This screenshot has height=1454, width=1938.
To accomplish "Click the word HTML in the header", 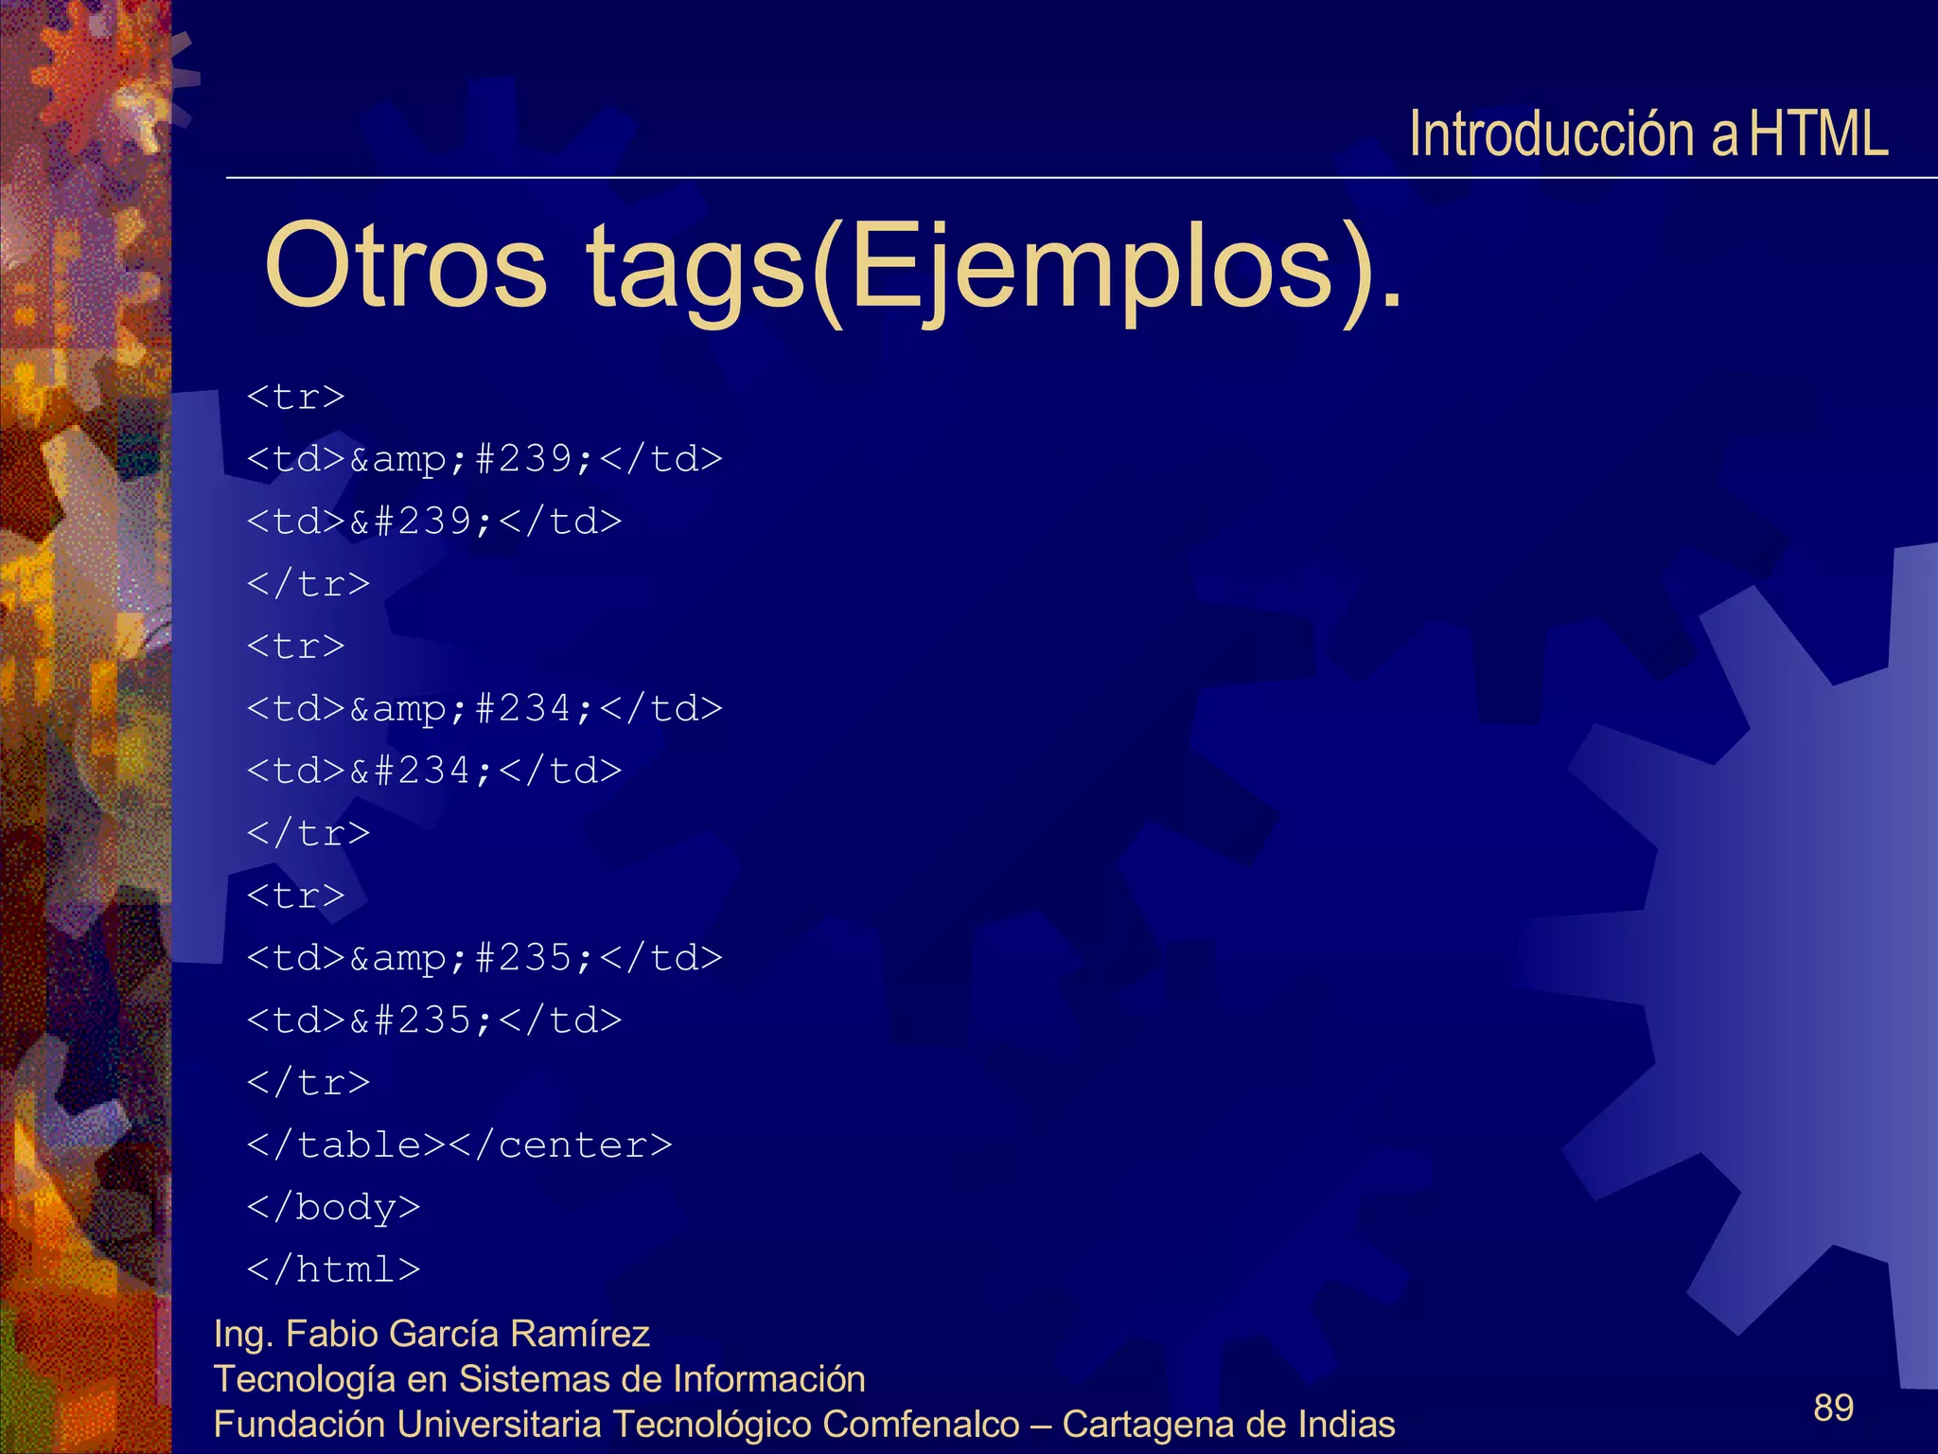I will pyautogui.click(x=1818, y=134).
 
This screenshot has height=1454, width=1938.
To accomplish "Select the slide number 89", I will pyautogui.click(x=1833, y=1408).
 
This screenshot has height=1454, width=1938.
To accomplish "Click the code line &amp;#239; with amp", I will pyautogui.click(x=484, y=459).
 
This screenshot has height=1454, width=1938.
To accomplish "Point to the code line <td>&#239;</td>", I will pyautogui.click(x=434, y=522).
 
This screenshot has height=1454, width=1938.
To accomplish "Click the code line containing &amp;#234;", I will pyautogui.click(x=484, y=709).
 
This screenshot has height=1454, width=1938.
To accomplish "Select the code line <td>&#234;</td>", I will pyautogui.click(x=434, y=771).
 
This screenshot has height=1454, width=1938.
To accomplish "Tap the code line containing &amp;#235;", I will pyautogui.click(x=484, y=959).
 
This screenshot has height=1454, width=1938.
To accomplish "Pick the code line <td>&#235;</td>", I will pyautogui.click(x=434, y=1021).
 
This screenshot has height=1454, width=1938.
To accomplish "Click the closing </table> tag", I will pyautogui.click(x=345, y=1145).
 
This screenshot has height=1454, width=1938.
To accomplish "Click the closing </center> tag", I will pyautogui.click(x=560, y=1145).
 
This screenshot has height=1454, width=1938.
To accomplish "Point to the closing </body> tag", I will pyautogui.click(x=333, y=1208).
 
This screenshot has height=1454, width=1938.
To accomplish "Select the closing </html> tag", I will pyautogui.click(x=333, y=1270).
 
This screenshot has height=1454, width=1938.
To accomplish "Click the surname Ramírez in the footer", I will pyautogui.click(x=579, y=1334).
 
